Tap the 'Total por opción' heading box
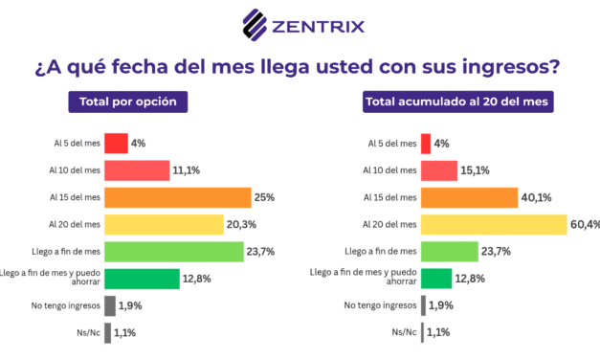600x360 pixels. click(128, 101)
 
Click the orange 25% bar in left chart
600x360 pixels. click(177, 197)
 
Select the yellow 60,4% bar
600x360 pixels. click(494, 224)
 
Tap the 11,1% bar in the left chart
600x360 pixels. click(137, 170)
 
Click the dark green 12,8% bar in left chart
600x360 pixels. click(142, 279)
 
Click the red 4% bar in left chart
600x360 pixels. click(116, 144)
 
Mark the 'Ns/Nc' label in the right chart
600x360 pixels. click(403, 332)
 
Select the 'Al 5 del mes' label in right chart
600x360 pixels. click(392, 144)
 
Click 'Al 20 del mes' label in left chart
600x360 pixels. click(75, 224)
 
